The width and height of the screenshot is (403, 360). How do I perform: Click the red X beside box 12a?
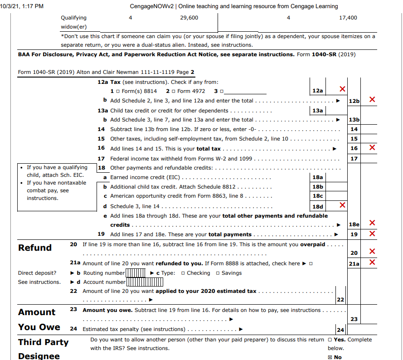(x=343, y=89)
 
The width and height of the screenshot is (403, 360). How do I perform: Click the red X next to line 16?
(x=372, y=147)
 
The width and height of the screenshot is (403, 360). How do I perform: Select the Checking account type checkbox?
(x=183, y=273)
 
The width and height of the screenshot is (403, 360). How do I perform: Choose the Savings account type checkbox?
(x=218, y=273)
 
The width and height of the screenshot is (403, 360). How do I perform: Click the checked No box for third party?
(x=330, y=357)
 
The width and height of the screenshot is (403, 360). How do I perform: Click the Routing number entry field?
(x=135, y=273)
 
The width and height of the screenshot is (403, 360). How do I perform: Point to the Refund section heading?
(x=35, y=248)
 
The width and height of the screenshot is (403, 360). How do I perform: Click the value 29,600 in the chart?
(x=189, y=18)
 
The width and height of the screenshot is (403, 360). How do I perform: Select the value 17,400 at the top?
(x=348, y=18)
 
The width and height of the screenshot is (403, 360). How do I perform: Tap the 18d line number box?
(x=318, y=206)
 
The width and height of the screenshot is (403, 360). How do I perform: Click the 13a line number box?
(x=318, y=111)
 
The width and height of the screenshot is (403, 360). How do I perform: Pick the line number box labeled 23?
(x=354, y=319)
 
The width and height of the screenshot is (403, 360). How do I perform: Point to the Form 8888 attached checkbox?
(x=311, y=263)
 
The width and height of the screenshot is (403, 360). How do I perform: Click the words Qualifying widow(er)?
(x=73, y=22)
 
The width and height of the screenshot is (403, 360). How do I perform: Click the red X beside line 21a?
(x=372, y=263)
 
